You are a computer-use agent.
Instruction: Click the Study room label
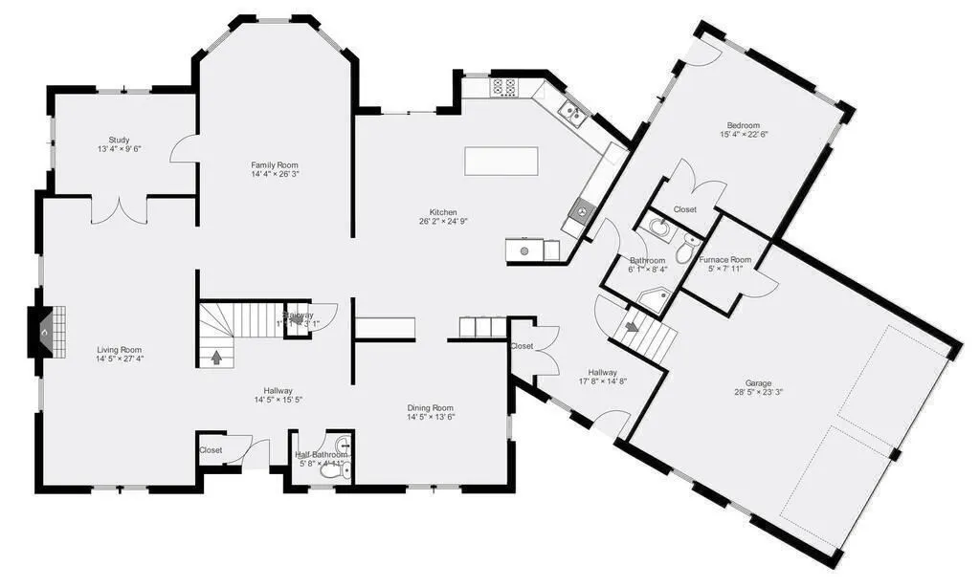pyautogui.click(x=119, y=140)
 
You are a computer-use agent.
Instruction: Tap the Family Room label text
pyautogui.click(x=275, y=164)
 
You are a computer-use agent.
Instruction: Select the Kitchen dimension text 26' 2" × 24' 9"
pyautogui.click(x=442, y=221)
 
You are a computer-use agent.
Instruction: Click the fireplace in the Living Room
pyautogui.click(x=46, y=331)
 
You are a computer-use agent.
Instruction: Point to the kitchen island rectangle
pyautogui.click(x=501, y=161)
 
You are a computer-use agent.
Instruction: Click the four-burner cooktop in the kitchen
pyautogui.click(x=503, y=88)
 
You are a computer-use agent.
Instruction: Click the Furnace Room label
pyautogui.click(x=724, y=259)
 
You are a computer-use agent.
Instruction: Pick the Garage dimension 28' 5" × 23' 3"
pyautogui.click(x=759, y=392)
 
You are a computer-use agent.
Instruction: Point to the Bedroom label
pyautogui.click(x=743, y=125)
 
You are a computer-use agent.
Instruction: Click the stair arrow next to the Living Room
pyautogui.click(x=216, y=358)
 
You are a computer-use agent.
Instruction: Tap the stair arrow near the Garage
pyautogui.click(x=633, y=327)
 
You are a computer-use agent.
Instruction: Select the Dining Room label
pyautogui.click(x=430, y=407)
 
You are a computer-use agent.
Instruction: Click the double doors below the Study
pyautogui.click(x=119, y=209)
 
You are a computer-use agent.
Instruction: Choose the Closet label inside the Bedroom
pyautogui.click(x=684, y=209)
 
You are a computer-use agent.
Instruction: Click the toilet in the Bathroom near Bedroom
pyautogui.click(x=685, y=252)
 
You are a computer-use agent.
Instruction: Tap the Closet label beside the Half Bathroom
pyautogui.click(x=211, y=449)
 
